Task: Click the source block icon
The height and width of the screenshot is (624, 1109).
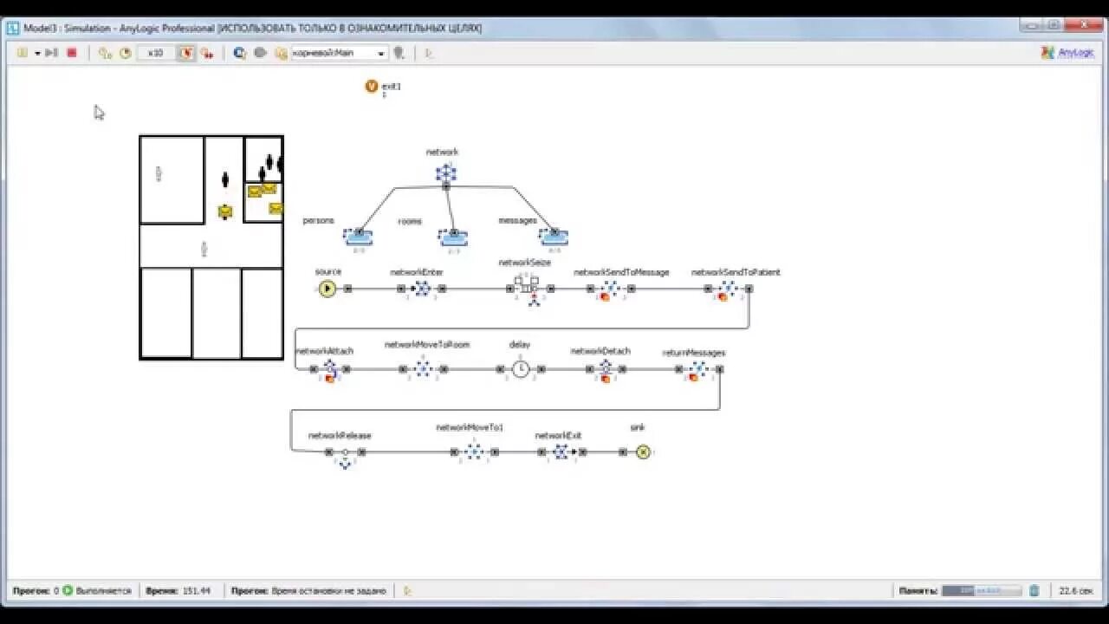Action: pyautogui.click(x=327, y=289)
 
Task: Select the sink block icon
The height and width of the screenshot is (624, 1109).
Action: pyautogui.click(x=642, y=452)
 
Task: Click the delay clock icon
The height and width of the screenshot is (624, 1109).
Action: pyautogui.click(x=520, y=369)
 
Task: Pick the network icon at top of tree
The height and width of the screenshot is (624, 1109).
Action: pyautogui.click(x=445, y=173)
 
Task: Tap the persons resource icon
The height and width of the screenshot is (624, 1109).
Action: pyautogui.click(x=357, y=237)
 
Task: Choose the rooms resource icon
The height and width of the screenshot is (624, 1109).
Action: pyautogui.click(x=452, y=237)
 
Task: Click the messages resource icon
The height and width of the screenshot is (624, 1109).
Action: pyautogui.click(x=554, y=237)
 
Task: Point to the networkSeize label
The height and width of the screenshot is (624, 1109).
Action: pyautogui.click(x=524, y=263)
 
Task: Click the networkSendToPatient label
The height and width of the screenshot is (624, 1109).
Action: pyautogui.click(x=735, y=272)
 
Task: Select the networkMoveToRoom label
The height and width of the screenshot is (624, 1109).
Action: pyautogui.click(x=426, y=345)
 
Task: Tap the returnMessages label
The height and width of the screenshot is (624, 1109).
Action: pyautogui.click(x=693, y=353)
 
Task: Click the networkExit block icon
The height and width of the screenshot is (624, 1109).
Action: pyautogui.click(x=561, y=452)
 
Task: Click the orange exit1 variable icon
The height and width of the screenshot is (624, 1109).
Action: pyautogui.click(x=372, y=86)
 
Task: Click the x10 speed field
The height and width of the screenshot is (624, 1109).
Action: pyautogui.click(x=156, y=53)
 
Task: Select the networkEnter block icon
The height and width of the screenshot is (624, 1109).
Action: pyautogui.click(x=422, y=289)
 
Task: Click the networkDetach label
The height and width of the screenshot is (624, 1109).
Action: pyautogui.click(x=600, y=351)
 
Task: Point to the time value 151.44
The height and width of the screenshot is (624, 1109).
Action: pyautogui.click(x=196, y=591)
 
